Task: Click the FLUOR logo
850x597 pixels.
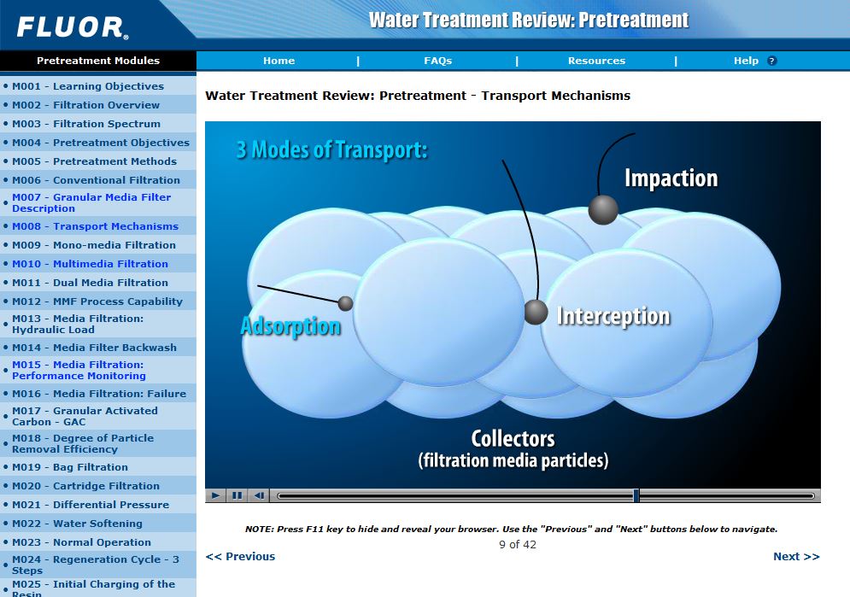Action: pos(73,26)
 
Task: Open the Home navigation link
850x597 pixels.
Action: pos(278,61)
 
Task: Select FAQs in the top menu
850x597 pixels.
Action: pos(437,61)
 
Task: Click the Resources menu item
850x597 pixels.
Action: pos(596,61)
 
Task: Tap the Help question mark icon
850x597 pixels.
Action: pos(771,61)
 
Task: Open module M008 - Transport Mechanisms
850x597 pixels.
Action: pos(95,226)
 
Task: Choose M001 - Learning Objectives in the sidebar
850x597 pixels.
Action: pos(88,86)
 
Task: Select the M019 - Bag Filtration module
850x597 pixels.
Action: pos(70,467)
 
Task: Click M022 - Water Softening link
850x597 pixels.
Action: pos(77,524)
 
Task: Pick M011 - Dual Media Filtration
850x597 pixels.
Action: pos(90,283)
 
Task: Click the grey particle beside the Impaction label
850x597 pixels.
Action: pos(603,209)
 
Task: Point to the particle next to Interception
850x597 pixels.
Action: pos(536,312)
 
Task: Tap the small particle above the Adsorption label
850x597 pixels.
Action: pos(345,303)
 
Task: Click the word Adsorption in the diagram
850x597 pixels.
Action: pos(290,326)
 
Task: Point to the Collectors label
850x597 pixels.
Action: pos(513,439)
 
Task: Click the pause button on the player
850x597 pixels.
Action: pos(237,495)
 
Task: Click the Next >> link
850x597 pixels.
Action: pos(795,556)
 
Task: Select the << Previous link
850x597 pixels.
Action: pos(240,556)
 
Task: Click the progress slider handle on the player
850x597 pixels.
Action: pos(636,495)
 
